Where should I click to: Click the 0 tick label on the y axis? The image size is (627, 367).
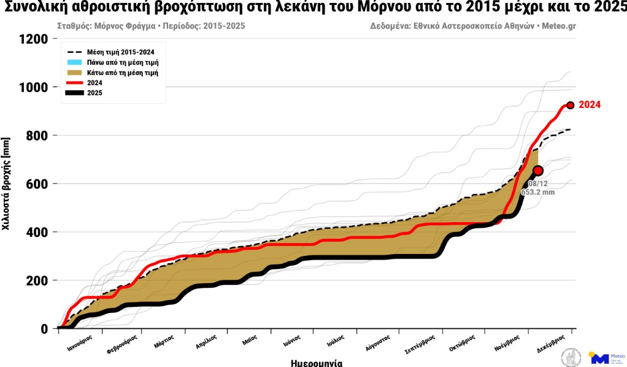pyautogui.click(x=44, y=329)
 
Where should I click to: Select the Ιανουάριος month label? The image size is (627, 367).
pyautogui.click(x=80, y=344)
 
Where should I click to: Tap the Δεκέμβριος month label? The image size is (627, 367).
pyautogui.click(x=548, y=344)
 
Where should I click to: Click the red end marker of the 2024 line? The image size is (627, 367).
pyautogui.click(x=570, y=105)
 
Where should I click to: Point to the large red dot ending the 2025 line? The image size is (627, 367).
pyautogui.click(x=538, y=171)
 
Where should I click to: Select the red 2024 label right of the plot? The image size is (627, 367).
pyautogui.click(x=590, y=105)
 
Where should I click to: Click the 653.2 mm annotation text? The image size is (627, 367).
pyautogui.click(x=539, y=192)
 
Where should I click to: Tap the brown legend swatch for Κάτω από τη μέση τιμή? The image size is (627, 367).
pyautogui.click(x=74, y=72)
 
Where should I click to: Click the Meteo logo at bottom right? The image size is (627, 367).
pyautogui.click(x=607, y=357)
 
